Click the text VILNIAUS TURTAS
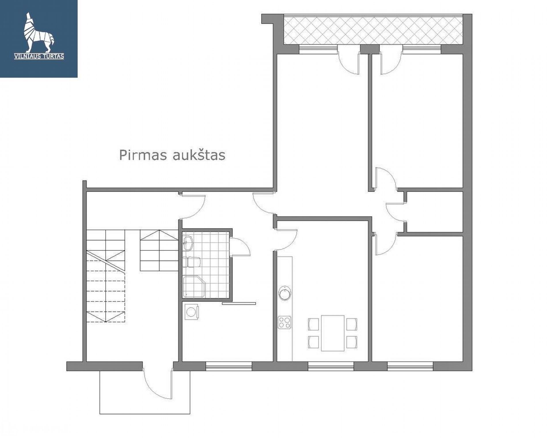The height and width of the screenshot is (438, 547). [x=39, y=56]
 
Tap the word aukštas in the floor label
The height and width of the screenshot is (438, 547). [x=199, y=155]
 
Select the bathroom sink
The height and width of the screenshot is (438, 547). [x=188, y=243]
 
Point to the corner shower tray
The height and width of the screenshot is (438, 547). [x=194, y=287]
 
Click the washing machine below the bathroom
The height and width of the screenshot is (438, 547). [x=191, y=311]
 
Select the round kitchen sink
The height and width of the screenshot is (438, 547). [x=285, y=294]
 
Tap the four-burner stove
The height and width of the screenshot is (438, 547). [x=284, y=322]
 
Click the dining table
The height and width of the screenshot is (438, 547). [x=333, y=333]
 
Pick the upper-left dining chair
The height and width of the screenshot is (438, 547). [x=314, y=324]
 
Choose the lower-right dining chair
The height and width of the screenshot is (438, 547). [x=352, y=342]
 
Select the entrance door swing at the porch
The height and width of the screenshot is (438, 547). [x=158, y=384]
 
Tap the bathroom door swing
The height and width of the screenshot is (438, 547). [x=240, y=247]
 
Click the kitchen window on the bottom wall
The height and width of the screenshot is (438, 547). [x=331, y=366]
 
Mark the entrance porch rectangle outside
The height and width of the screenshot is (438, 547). [x=145, y=392]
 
